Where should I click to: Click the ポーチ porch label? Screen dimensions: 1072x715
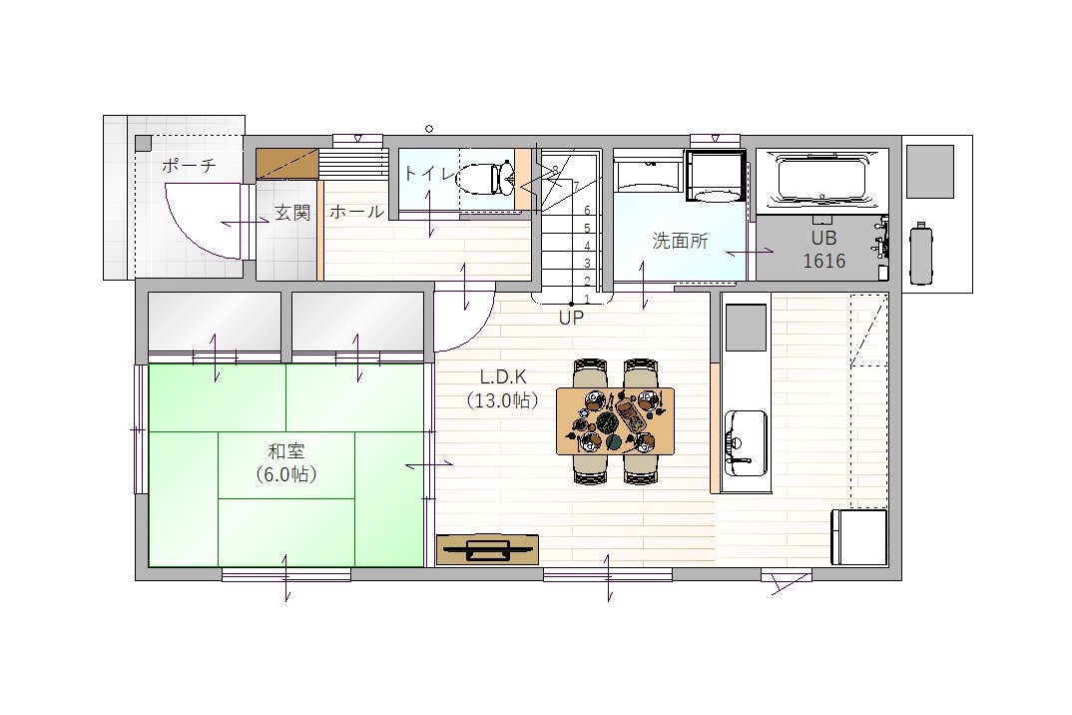pyautogui.click(x=189, y=165)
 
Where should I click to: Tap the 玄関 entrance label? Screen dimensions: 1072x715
pyautogui.click(x=291, y=213)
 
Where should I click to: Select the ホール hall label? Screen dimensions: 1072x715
pyautogui.click(x=357, y=212)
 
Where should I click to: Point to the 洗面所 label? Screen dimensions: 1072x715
pyautogui.click(x=680, y=241)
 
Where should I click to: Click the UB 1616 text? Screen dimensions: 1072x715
pyautogui.click(x=823, y=250)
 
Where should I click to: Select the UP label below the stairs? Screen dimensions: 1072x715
pyautogui.click(x=571, y=319)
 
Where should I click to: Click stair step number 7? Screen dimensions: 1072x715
pyautogui.click(x=576, y=186)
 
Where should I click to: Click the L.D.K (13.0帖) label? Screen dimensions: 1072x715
pyautogui.click(x=502, y=388)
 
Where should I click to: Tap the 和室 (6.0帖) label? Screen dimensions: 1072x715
pyautogui.click(x=285, y=462)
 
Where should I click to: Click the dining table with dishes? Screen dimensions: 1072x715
pyautogui.click(x=615, y=420)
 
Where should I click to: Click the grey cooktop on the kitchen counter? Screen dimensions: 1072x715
pyautogui.click(x=746, y=328)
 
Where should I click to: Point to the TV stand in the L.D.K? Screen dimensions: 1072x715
pyautogui.click(x=487, y=549)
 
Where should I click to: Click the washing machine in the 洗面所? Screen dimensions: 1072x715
pyautogui.click(x=716, y=177)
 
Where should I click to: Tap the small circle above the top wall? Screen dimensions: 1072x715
pyautogui.click(x=429, y=129)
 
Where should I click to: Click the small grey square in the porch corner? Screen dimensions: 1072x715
pyautogui.click(x=143, y=143)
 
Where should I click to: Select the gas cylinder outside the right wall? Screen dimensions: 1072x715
pyautogui.click(x=921, y=254)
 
